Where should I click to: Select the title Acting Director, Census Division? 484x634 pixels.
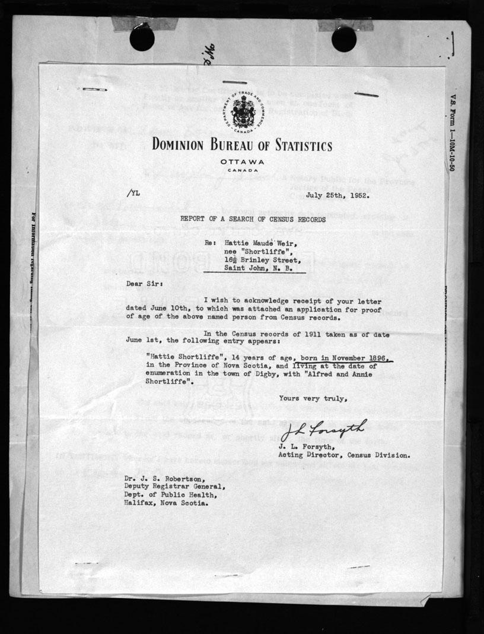(343, 455)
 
